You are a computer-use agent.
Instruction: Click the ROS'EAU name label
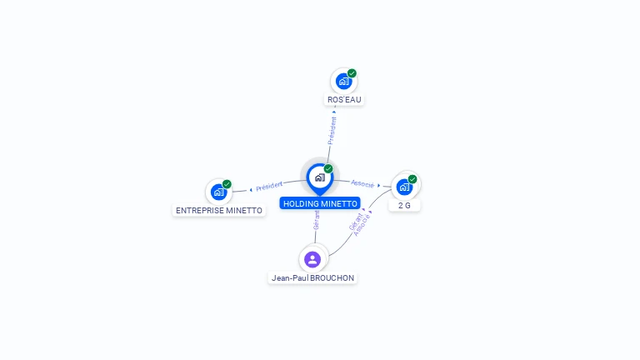coord(345,100)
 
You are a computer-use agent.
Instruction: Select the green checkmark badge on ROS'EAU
coord(352,73)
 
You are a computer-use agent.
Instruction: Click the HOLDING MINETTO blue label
coord(320,203)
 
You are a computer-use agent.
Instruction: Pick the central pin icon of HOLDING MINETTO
coord(319,177)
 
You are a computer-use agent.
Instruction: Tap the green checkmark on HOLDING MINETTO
coord(328,169)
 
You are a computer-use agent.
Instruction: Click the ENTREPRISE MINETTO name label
coord(219,211)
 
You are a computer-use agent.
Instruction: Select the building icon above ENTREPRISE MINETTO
coord(218,192)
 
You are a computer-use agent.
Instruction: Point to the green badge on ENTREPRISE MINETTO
coord(227,184)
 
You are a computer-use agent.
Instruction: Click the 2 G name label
coord(404,205)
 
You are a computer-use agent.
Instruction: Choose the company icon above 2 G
coord(404,187)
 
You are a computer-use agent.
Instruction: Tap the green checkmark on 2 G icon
coord(412,178)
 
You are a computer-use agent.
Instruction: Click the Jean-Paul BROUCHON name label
coord(312,277)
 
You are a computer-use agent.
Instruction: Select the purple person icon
coord(312,259)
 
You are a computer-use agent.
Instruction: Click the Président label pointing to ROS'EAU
coord(332,130)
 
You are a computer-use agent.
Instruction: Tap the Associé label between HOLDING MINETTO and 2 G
coord(362,183)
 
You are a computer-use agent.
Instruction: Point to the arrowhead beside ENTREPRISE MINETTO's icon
coord(251,189)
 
